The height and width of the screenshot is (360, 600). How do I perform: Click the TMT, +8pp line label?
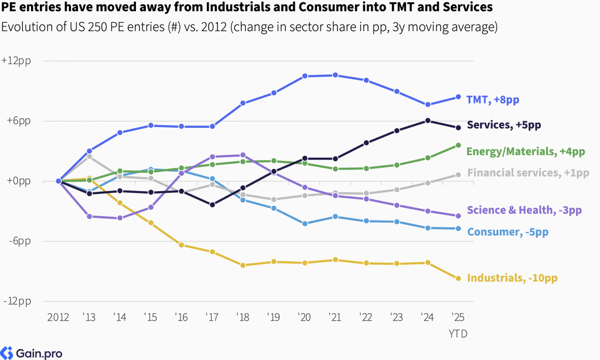492,100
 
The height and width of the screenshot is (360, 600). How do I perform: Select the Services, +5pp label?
504,125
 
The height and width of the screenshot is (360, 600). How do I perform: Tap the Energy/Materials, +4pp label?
526,152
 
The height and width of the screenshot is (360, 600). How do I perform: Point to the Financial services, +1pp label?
528,173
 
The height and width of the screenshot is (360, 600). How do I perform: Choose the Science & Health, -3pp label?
524,210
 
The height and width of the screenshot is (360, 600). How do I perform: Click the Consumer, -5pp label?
508,232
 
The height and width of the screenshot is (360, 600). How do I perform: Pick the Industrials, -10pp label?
512,278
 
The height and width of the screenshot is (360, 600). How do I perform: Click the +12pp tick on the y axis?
16,61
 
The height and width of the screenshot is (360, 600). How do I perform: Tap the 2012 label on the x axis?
58,317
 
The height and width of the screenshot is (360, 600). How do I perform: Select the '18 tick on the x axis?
243,317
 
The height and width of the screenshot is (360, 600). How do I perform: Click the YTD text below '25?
458,334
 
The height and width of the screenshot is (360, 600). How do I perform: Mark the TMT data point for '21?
335,75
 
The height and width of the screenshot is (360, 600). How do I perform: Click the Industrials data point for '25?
458,278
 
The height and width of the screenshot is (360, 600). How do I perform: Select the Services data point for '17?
212,205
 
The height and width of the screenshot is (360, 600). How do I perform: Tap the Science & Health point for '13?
89,216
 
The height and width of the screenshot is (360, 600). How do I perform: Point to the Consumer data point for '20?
305,223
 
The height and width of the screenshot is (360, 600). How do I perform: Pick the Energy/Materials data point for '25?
458,145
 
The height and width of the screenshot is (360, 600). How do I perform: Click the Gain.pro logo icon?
6,353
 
